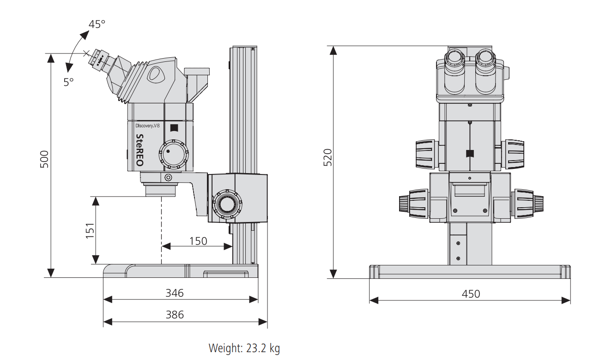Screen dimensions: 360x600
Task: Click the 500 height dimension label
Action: [44, 159]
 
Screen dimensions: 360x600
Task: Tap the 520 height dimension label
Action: [327, 158]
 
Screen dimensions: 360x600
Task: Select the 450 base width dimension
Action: [471, 294]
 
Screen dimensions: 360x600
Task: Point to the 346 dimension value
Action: [175, 293]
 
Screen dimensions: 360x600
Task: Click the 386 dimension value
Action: [175, 315]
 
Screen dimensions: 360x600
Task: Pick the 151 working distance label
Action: [90, 231]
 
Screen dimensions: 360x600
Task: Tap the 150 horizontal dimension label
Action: [198, 241]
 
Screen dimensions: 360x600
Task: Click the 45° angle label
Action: [97, 24]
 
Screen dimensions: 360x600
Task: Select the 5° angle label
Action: [68, 82]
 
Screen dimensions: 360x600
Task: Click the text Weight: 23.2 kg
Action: [244, 348]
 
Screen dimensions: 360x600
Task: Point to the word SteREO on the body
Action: [139, 150]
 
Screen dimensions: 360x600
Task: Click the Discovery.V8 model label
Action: [147, 126]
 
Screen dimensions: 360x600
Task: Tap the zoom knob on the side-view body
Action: [173, 154]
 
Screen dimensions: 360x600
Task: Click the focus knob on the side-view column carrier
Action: [226, 203]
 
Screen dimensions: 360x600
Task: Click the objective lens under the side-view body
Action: [161, 189]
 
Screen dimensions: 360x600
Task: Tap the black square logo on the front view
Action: [470, 154]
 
